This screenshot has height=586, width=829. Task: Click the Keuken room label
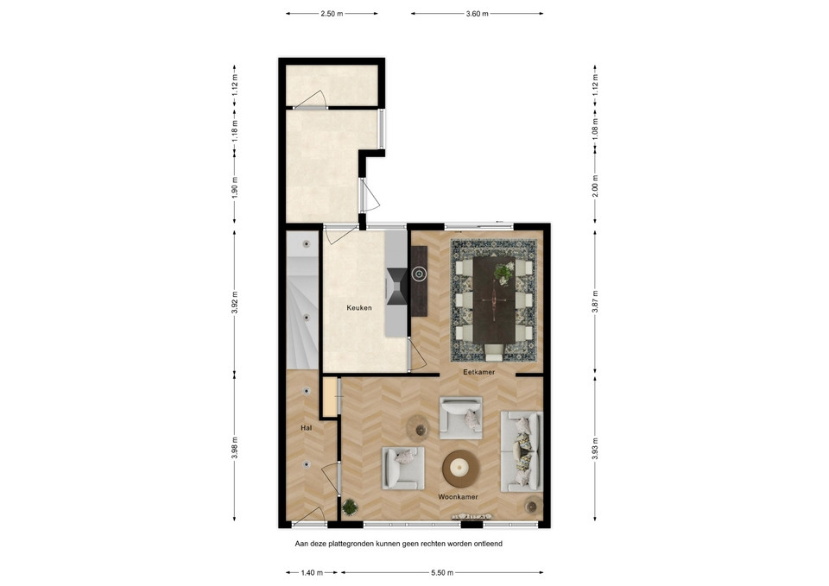[x=359, y=307]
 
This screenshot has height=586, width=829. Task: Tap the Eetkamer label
[x=479, y=372]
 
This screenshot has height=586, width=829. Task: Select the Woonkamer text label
[x=458, y=497]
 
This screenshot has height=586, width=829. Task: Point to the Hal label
[x=306, y=428]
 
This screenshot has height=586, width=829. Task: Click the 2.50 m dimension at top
[x=332, y=14]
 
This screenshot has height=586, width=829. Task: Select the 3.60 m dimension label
[x=477, y=14]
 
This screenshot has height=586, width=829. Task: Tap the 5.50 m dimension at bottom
[x=442, y=572]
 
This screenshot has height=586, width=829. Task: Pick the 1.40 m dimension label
[x=312, y=572]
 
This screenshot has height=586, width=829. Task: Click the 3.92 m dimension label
[x=235, y=303]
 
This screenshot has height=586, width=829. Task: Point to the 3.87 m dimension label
[x=595, y=303]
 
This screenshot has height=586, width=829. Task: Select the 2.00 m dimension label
[x=595, y=186]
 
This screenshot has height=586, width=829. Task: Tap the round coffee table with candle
[x=461, y=468]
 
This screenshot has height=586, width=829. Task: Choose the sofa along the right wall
[x=522, y=451]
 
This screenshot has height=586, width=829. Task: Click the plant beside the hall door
[x=350, y=507]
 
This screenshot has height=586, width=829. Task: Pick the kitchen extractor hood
[x=396, y=287]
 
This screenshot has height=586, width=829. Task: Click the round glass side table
[x=418, y=428]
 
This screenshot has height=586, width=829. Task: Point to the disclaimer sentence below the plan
[x=399, y=543]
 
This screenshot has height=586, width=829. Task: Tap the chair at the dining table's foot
[x=494, y=352]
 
